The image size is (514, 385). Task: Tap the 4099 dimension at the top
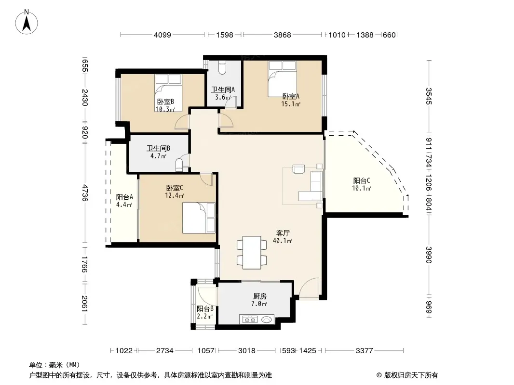pos(162,35)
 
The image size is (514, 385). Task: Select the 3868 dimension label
pos(282,35)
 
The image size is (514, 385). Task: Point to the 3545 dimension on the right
pos(429,96)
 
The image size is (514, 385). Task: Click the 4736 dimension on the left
pos(85,193)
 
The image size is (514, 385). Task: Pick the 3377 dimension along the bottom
pos(364,351)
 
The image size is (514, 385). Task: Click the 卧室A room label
pos(291,97)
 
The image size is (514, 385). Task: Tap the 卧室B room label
pos(165,102)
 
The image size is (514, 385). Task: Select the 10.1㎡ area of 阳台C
pos(362,189)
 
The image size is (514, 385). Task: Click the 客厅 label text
pos(283,233)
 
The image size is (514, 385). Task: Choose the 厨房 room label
pos(259,296)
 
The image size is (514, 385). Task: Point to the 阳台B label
pos(205,309)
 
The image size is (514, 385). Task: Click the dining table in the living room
pos(252,253)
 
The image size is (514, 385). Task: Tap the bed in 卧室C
pos(199,218)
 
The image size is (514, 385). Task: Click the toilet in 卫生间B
pos(180,165)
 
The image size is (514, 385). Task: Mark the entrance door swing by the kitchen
pos(309,288)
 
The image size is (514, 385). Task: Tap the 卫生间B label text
pos(158,149)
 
